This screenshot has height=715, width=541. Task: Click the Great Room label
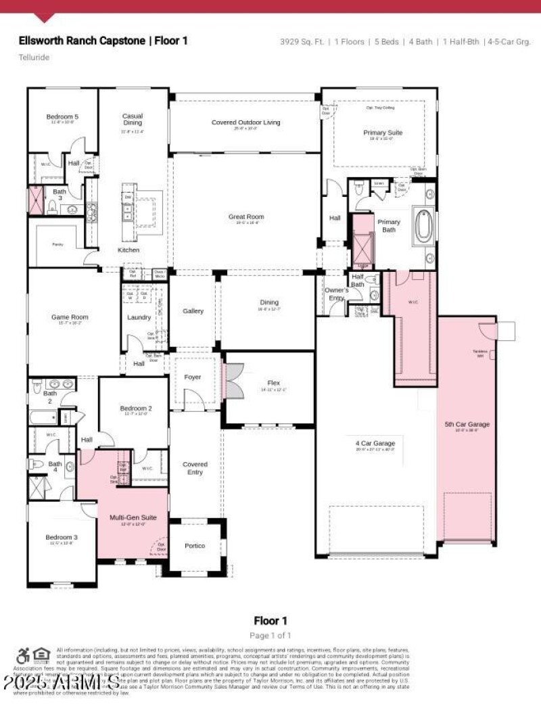(245, 217)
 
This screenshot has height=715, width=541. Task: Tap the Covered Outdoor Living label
(245, 122)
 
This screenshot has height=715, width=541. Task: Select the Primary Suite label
(383, 133)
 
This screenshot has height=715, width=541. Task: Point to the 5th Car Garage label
(467, 424)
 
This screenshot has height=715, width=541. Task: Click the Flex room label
(273, 383)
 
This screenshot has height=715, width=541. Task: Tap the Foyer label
(193, 377)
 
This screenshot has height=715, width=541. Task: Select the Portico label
(194, 546)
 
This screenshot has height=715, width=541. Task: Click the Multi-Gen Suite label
(133, 517)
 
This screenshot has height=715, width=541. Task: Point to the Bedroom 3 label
(62, 537)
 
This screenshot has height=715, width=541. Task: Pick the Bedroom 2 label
(136, 409)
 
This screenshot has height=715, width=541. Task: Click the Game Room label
(70, 317)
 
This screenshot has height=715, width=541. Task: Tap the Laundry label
(139, 317)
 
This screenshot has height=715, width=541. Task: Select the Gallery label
(193, 311)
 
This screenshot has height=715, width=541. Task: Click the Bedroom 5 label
(62, 117)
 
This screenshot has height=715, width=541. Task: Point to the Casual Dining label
(133, 119)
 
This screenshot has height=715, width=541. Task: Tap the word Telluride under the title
(34, 57)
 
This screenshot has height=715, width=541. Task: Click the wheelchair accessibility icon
(23, 655)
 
